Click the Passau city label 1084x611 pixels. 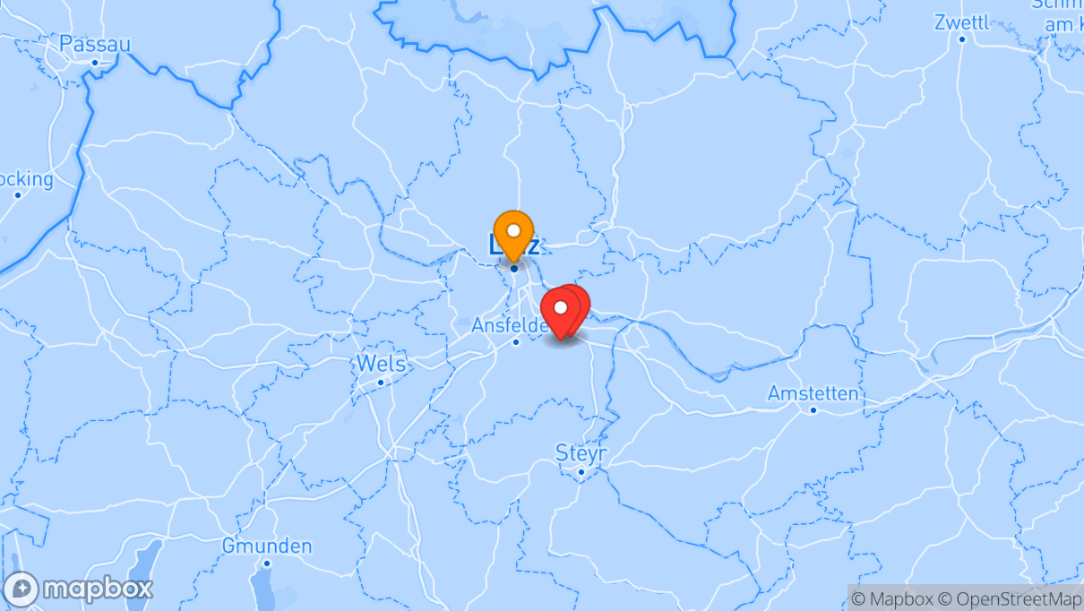[x=95, y=44]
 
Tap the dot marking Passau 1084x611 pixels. [x=94, y=62]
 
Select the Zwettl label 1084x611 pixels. [x=962, y=22]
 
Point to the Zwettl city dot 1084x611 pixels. [x=962, y=39]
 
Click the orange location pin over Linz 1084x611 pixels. [x=513, y=233]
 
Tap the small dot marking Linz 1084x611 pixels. [x=514, y=268]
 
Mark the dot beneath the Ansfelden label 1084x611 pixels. [x=516, y=341]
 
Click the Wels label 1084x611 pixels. [x=381, y=364]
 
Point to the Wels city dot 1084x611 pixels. [x=381, y=383]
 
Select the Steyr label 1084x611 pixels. [x=581, y=452]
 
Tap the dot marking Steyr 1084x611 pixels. [x=581, y=471]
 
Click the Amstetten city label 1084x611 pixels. [x=813, y=393]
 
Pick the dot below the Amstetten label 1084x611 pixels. [x=813, y=410]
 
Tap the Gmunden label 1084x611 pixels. [x=267, y=546]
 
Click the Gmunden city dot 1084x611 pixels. [x=267, y=563]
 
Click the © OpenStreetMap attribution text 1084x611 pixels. [x=1019, y=598]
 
